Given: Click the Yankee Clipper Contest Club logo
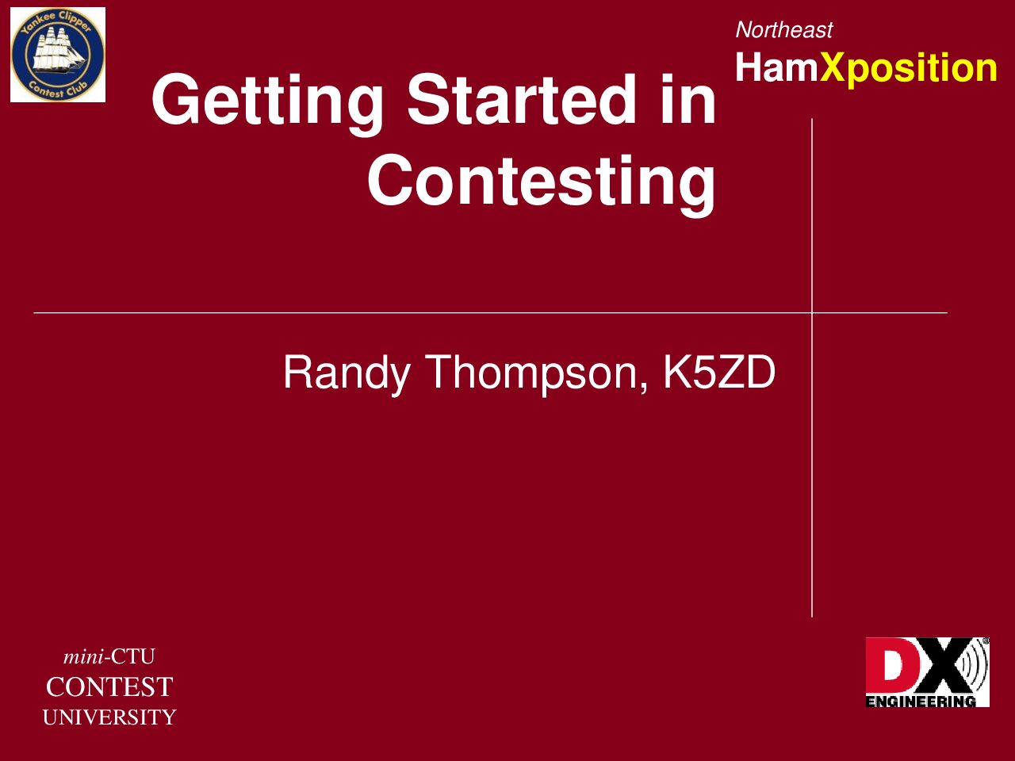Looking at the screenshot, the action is click(58, 55).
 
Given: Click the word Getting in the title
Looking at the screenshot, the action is click(267, 105).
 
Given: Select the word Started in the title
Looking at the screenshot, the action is click(521, 100).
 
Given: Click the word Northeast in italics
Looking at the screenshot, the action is click(783, 30).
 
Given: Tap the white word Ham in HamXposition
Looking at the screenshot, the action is click(777, 67).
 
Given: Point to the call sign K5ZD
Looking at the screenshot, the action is click(719, 373).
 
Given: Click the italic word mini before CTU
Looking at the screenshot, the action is click(83, 656).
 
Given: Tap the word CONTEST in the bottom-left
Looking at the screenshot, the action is click(109, 686).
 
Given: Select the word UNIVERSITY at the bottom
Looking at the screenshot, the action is click(109, 717).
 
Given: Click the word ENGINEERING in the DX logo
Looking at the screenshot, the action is click(921, 702).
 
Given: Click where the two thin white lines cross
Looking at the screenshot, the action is click(812, 313).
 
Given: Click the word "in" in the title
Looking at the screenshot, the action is click(688, 100).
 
